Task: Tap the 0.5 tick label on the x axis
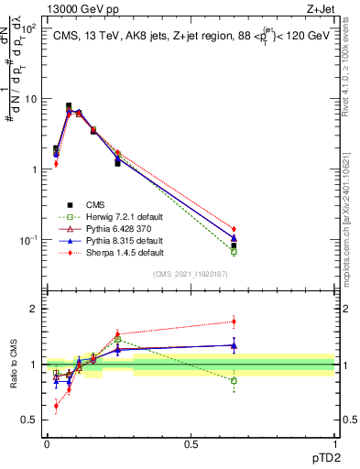[191, 442]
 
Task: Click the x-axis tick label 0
[47, 442]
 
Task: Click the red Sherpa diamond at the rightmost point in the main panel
[234, 229]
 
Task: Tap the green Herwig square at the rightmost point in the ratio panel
[234, 380]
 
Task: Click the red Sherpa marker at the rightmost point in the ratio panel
[234, 322]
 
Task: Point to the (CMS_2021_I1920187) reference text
[190, 274]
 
